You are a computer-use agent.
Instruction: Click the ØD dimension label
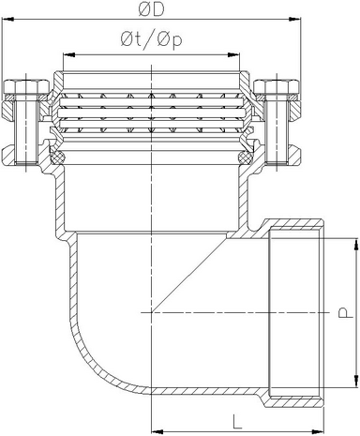pos(151,10)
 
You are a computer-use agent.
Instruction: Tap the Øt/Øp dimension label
pos(151,41)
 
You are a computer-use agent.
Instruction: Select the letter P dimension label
pos(343,312)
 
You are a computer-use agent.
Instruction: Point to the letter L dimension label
pos(237,421)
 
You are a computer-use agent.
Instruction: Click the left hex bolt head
pos(26,86)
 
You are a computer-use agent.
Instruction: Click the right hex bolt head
pos(277,86)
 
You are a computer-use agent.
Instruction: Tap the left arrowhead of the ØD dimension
pos(7,20)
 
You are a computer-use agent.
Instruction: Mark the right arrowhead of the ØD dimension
pos(295,20)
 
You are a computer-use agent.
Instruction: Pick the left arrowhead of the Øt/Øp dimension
pos(69,55)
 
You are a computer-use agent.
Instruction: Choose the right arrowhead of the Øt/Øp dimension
pos(233,55)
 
